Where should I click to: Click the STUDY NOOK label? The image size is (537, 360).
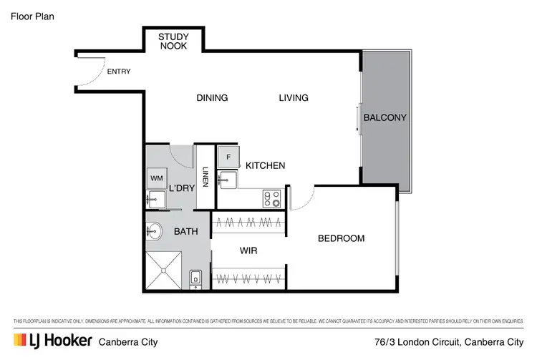[173, 41]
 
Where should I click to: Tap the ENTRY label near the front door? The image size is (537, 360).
[119, 72]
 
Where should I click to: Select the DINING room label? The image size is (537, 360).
[212, 98]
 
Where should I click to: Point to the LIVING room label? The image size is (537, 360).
[294, 98]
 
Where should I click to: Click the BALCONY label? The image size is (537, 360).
[384, 118]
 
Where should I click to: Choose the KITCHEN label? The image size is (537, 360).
[265, 165]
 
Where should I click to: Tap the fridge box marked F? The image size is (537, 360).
[228, 157]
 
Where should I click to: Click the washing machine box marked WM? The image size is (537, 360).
[156, 177]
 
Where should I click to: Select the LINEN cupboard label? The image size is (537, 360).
[205, 177]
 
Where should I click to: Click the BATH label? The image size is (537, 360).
[185, 231]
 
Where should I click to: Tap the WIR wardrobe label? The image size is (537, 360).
[248, 251]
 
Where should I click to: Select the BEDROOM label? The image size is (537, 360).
[341, 238]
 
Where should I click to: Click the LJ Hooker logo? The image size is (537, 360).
[52, 341]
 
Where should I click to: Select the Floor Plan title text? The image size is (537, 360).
[32, 15]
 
